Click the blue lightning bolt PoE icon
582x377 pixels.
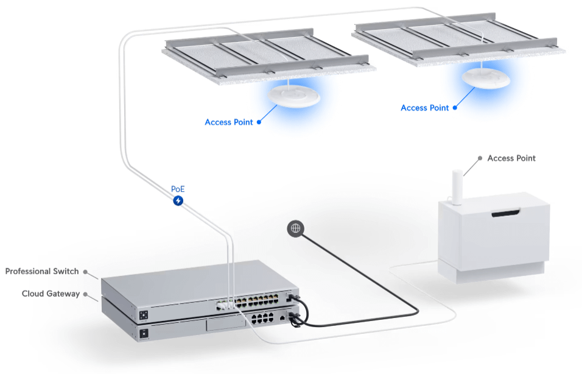178,201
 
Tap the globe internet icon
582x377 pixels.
295,228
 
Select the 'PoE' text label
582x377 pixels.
178,189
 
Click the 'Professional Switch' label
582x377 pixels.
42,271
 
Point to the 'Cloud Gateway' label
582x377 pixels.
51,294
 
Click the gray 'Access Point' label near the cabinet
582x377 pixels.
511,158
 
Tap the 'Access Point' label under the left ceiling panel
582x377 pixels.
228,122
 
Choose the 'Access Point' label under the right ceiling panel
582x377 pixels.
424,108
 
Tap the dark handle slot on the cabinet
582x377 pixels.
506,213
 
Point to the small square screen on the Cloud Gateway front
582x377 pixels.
144,333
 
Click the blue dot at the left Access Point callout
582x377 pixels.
259,122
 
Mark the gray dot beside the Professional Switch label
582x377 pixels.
86,272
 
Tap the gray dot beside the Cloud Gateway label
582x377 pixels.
86,294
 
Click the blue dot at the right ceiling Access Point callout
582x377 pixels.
455,108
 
